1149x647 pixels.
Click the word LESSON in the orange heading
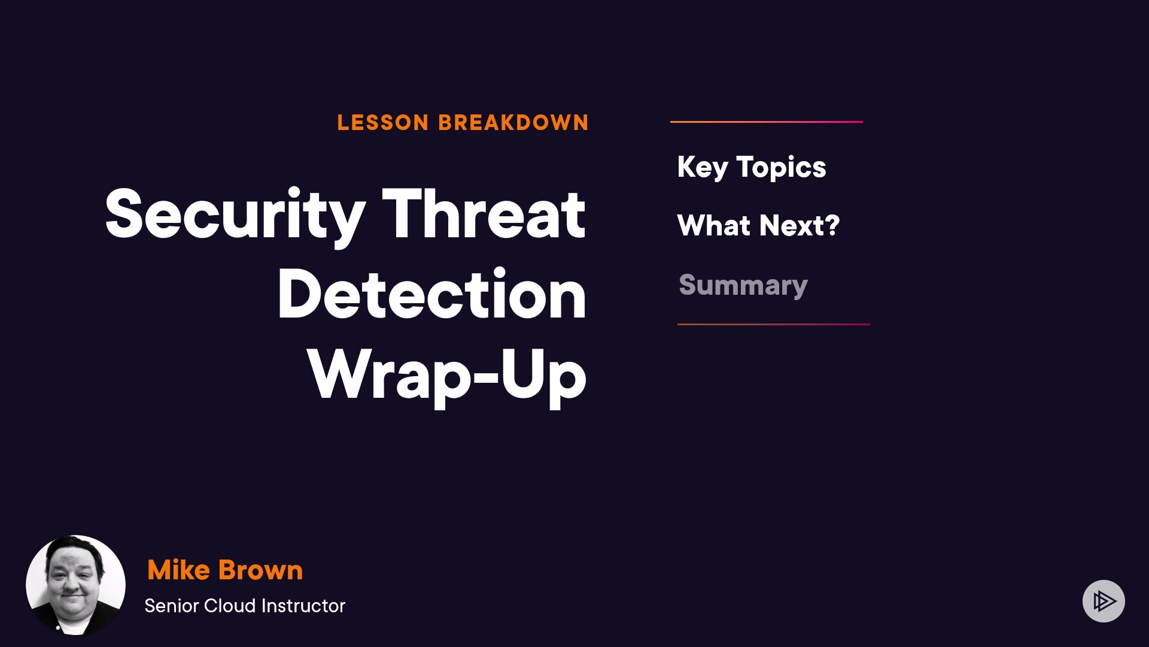tap(383, 123)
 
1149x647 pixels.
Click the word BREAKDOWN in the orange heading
tap(513, 123)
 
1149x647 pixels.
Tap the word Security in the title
tap(235, 214)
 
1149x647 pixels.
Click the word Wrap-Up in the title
tap(446, 376)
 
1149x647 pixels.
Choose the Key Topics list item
tap(752, 167)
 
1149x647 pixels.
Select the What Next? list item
tap(758, 226)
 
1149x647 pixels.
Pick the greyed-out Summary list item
tap(743, 285)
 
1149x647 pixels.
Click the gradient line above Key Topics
tap(767, 122)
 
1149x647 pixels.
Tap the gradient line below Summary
tap(774, 324)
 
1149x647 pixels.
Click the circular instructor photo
tap(75, 585)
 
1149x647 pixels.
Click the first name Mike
tap(178, 570)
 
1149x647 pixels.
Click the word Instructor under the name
tap(303, 606)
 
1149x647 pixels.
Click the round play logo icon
tap(1104, 601)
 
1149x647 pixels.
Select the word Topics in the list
tap(781, 167)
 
